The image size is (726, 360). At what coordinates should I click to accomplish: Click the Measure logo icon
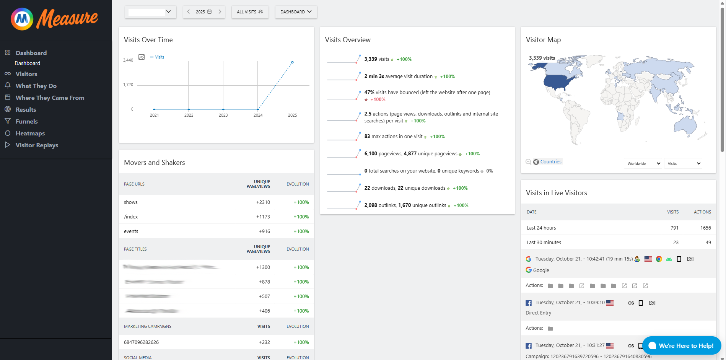tap(22, 19)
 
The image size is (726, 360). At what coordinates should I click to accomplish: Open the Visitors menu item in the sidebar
tap(26, 74)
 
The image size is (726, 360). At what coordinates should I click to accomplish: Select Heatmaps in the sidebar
tap(30, 133)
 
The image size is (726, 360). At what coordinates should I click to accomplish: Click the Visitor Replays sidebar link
tap(37, 145)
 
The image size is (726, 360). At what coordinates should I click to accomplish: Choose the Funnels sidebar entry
tap(26, 121)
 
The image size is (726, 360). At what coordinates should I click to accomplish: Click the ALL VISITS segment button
tap(250, 12)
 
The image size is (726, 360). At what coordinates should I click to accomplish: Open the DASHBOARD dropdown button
tap(296, 12)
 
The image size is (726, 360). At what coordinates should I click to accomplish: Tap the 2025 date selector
tap(203, 12)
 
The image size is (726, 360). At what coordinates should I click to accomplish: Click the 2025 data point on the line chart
tap(292, 62)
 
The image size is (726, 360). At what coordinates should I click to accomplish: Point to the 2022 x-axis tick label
tap(189, 115)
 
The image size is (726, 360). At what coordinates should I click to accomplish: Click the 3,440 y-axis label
tap(128, 60)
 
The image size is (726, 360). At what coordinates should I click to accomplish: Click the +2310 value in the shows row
tap(263, 202)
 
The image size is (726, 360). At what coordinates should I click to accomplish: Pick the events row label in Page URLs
tap(131, 231)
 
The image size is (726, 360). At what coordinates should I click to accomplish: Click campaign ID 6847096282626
tap(141, 342)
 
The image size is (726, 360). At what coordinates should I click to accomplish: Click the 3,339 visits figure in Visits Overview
tap(376, 59)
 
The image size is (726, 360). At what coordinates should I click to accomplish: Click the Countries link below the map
tap(550, 162)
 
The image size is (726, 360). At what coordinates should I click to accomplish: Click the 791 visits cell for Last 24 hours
tap(674, 228)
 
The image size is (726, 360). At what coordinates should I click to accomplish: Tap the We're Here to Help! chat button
tap(682, 345)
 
